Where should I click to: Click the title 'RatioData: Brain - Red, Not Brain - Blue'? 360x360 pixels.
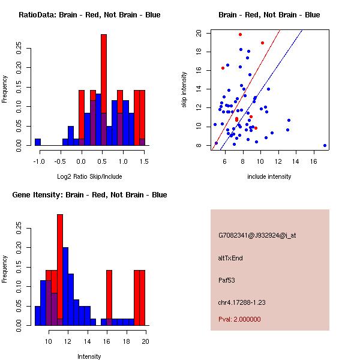point(89,15)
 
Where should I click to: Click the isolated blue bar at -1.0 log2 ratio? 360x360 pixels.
point(38,142)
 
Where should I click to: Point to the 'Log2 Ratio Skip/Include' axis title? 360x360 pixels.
point(89,177)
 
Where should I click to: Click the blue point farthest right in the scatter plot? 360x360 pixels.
point(325,145)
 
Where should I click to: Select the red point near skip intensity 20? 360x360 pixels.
point(240,35)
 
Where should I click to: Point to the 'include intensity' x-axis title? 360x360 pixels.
point(269,177)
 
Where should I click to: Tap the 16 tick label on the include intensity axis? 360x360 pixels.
point(314,161)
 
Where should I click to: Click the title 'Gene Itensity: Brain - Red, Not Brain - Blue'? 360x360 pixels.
point(89,195)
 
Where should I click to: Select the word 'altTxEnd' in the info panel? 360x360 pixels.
point(230,258)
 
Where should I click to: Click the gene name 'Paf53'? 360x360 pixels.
point(227,280)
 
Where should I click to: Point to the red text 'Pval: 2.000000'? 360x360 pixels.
point(239,319)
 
